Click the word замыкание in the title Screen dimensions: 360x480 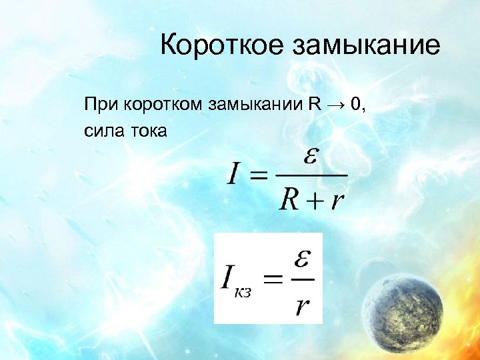coord(367,46)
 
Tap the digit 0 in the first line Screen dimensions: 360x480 coord(357,105)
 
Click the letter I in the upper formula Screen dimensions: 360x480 coord(234,175)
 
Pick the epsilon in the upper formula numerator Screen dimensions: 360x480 coord(311,158)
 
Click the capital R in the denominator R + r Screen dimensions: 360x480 coord(289,198)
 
